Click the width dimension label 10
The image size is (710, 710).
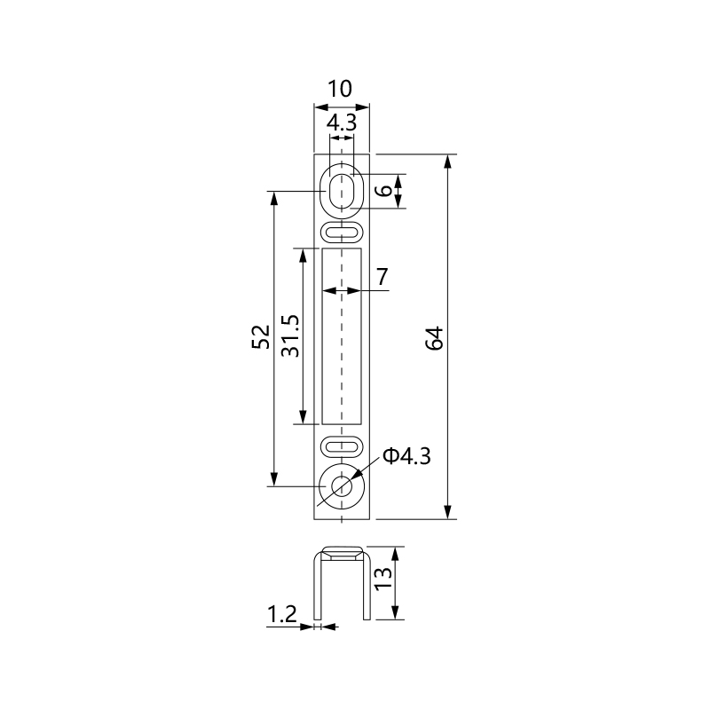(x=340, y=89)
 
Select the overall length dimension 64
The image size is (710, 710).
(x=435, y=338)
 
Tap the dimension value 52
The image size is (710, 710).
(x=261, y=337)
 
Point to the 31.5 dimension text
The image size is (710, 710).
(x=290, y=336)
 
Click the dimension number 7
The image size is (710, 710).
(x=383, y=277)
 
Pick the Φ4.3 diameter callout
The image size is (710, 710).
(x=406, y=456)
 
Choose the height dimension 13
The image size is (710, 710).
(x=383, y=579)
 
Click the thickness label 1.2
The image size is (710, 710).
(x=281, y=614)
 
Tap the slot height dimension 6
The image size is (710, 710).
(x=385, y=190)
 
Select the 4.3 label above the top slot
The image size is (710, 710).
(x=342, y=122)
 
